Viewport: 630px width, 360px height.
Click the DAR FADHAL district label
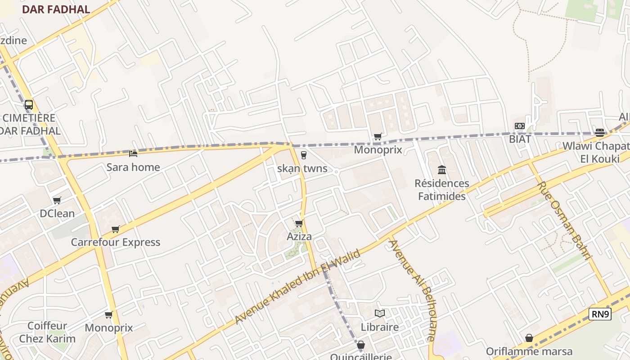tap(56, 9)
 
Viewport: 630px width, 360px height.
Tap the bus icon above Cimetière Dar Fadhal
tap(29, 105)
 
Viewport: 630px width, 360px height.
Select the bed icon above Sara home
tap(133, 154)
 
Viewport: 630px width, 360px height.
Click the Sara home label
tap(133, 167)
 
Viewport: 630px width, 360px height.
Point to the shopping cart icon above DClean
tap(57, 200)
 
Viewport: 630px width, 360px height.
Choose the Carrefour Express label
tap(116, 242)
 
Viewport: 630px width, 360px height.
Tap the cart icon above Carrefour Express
tap(116, 229)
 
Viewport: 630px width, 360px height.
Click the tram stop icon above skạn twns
tap(304, 155)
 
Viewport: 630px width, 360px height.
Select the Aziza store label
tap(299, 237)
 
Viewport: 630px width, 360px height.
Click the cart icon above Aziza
tap(299, 223)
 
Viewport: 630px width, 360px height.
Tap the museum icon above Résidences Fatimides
tap(442, 170)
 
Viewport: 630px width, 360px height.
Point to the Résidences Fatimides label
tap(442, 190)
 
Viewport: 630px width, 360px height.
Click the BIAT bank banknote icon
tap(520, 126)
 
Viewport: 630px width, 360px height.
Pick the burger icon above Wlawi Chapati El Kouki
tap(599, 132)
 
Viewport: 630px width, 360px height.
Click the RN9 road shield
tap(600, 314)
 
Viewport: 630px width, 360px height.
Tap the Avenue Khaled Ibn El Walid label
tap(298, 287)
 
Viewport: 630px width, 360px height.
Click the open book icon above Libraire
tap(380, 313)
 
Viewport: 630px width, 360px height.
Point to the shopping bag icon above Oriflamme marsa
tap(529, 338)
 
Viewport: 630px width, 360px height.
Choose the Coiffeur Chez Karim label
tap(47, 332)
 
